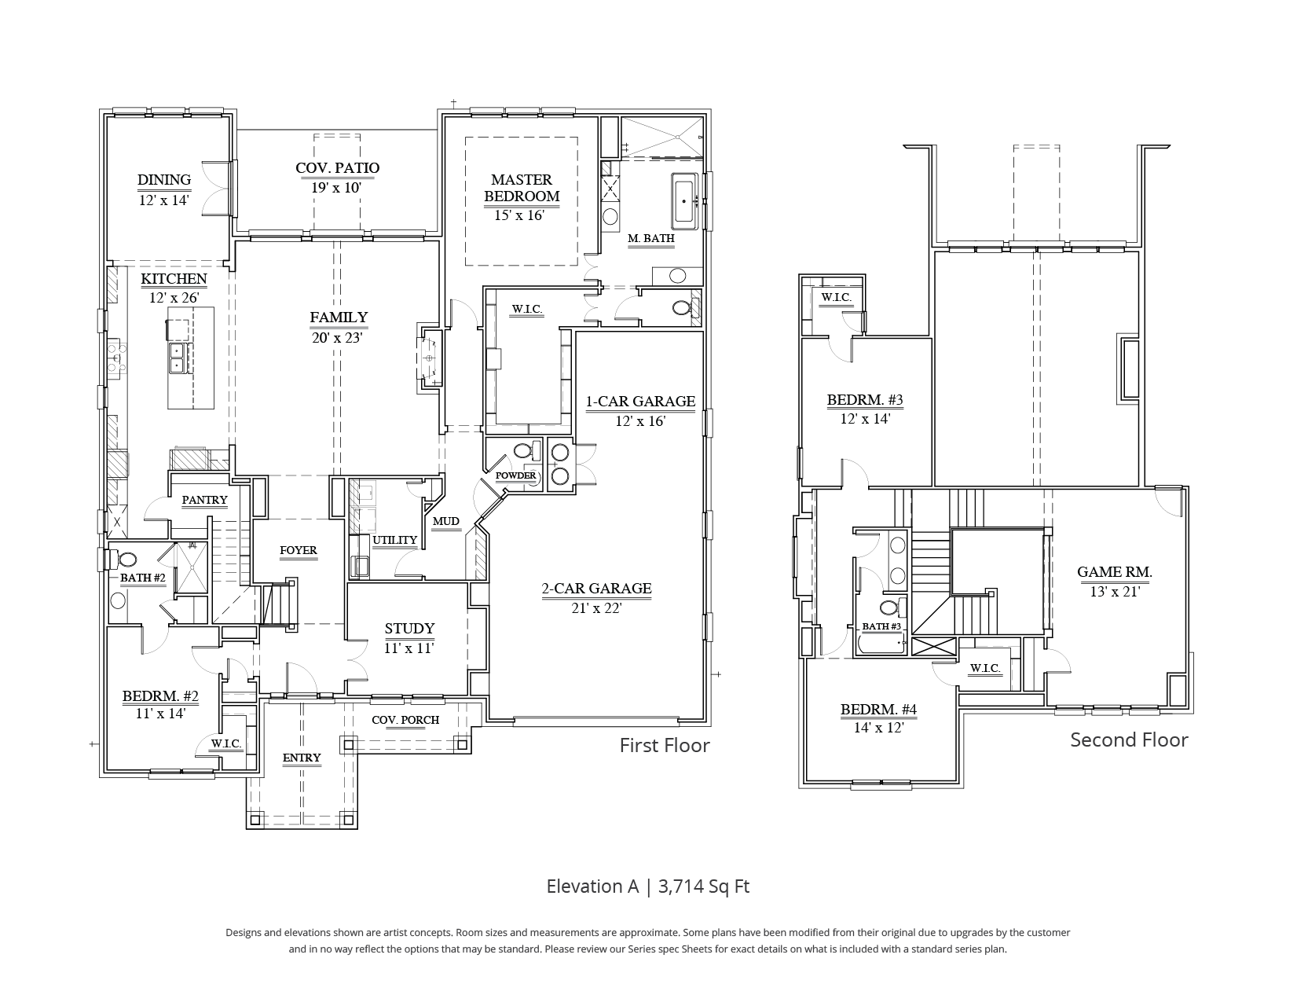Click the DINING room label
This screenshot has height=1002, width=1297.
coord(164,180)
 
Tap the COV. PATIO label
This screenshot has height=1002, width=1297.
coord(337,168)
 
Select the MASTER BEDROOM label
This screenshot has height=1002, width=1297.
coord(522,188)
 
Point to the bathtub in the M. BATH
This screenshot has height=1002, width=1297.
coord(684,201)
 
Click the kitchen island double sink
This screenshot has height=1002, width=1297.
coord(178,358)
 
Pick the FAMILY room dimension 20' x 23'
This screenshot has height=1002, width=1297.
coord(337,338)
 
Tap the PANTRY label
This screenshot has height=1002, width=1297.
coord(205,500)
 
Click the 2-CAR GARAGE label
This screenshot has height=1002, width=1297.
coord(596,588)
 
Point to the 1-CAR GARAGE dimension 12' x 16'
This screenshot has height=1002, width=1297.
coord(640,421)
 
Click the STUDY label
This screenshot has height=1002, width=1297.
coord(409,628)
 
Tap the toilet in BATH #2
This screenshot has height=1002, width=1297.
coord(126,560)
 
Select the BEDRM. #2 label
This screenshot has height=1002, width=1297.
coord(160,696)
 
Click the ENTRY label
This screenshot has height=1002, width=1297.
coord(302,758)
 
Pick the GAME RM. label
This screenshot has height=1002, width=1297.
coord(1115,571)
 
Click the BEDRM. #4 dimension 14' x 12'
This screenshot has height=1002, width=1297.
coord(878,728)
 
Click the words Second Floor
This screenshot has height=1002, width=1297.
coord(1129,740)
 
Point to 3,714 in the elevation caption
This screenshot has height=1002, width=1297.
coord(680,886)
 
